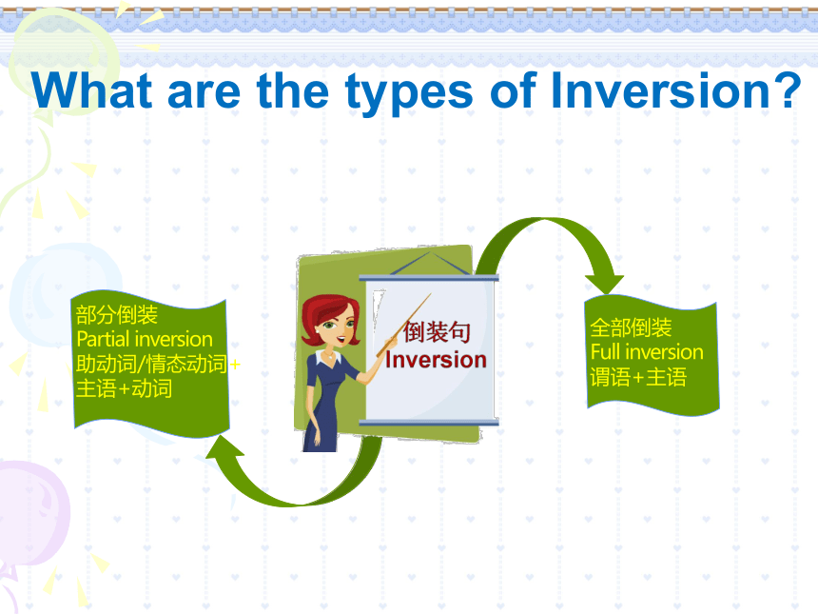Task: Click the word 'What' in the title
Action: point(92,90)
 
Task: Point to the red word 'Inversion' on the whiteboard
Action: point(437,360)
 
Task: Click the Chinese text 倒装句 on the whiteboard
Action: point(438,332)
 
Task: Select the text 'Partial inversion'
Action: point(145,340)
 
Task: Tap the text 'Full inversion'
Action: point(647,352)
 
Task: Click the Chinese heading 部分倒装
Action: point(117,315)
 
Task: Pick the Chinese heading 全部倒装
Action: point(631,327)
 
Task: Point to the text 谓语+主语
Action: point(638,377)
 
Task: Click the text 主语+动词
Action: point(124,388)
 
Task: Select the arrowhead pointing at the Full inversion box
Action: point(605,284)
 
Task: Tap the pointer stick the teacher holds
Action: point(403,326)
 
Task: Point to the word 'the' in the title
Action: point(293,90)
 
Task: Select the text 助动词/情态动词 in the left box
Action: point(151,364)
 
